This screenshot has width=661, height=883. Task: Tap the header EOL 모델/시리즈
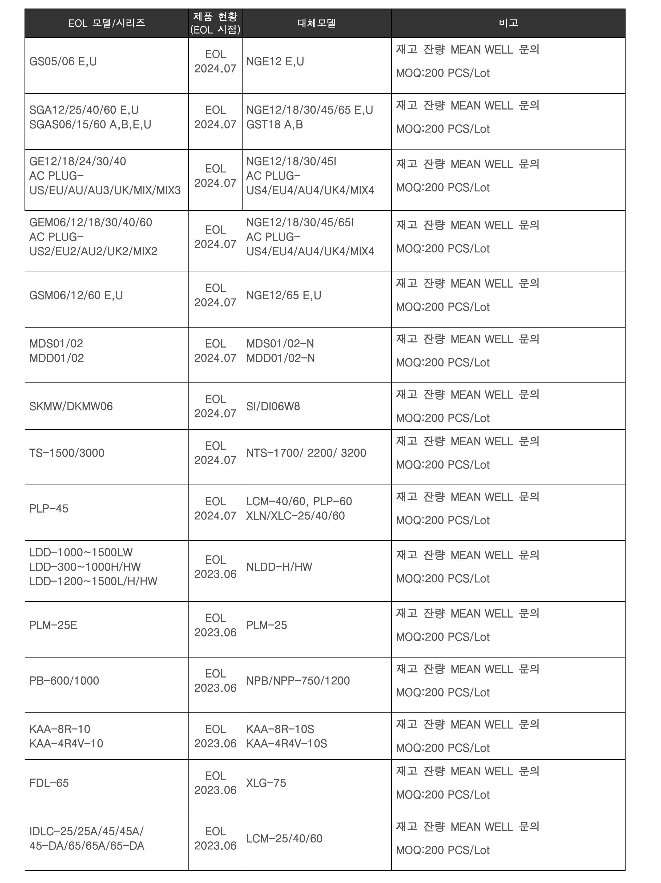(107, 23)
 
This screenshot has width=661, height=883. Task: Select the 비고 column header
(508, 23)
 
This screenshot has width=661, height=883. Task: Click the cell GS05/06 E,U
(63, 62)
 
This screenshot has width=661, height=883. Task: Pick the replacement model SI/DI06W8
(273, 406)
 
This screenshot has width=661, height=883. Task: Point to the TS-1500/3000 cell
(67, 453)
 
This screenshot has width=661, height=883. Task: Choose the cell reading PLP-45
(49, 509)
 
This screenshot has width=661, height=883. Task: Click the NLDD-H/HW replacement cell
(279, 567)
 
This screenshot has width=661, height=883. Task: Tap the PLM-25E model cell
(53, 625)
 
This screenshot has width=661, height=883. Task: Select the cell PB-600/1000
(64, 681)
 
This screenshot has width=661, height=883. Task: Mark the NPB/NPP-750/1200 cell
(298, 681)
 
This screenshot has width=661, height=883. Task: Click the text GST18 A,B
(275, 124)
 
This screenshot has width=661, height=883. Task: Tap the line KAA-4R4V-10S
(287, 743)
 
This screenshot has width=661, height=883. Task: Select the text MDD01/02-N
(280, 358)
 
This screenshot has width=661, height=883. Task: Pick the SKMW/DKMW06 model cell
(71, 406)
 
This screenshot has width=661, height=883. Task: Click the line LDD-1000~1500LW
(81, 553)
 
